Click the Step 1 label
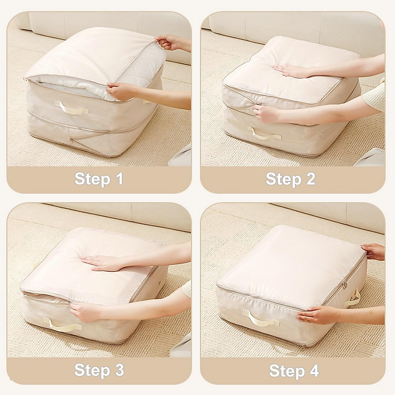tap(99, 179)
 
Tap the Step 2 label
tap(290, 179)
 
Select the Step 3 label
tap(99, 370)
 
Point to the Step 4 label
tap(294, 370)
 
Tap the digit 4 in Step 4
tap(313, 370)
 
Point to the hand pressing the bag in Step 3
tap(102, 262)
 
